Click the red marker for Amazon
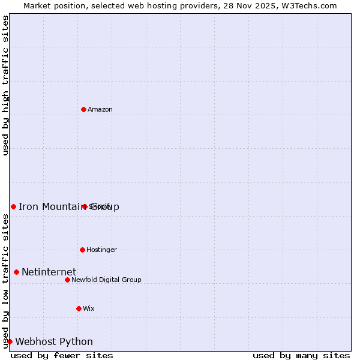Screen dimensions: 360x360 point(83,109)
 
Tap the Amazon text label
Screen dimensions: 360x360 point(100,109)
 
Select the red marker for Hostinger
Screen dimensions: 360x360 point(82,250)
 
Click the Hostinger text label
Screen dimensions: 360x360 point(101,250)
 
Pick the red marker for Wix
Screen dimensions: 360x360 point(79,308)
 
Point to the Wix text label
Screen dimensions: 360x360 point(89,308)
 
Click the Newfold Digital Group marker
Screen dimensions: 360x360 point(67,280)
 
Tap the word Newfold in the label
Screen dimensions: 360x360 point(85,280)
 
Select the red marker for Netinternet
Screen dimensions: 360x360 point(16,272)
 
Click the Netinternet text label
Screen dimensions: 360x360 point(49,272)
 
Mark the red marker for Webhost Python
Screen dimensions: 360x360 point(10,341)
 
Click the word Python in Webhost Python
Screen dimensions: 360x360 point(76,342)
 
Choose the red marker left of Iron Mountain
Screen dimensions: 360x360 point(13,206)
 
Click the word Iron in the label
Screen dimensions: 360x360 point(26,207)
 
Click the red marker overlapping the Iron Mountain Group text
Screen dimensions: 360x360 point(85,206)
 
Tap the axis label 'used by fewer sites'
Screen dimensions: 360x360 point(62,355)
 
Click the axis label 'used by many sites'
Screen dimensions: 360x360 point(301,355)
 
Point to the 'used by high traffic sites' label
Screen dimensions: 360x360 point(5,85)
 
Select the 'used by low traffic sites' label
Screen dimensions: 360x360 point(5,281)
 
